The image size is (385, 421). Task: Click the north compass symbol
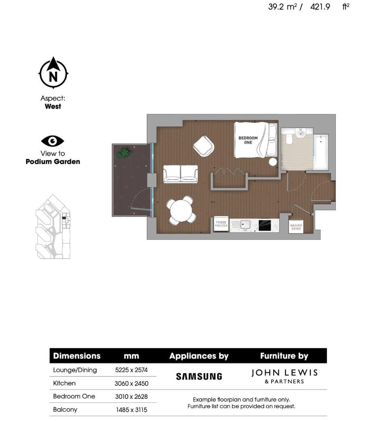pos(53,73)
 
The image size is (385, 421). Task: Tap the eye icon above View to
pos(53,141)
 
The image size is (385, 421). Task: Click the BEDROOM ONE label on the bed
pos(248,140)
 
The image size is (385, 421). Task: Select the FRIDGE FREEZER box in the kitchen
pos(221,225)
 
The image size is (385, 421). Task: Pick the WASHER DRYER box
pos(296,227)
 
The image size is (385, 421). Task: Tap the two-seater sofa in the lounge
pos(180,174)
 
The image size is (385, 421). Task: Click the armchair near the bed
pos(204,146)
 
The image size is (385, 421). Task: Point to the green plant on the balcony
pos(123,153)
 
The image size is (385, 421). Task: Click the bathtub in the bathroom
pos(321,152)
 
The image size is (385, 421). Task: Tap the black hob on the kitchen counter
pos(265,225)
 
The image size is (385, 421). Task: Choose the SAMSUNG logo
pos(199,377)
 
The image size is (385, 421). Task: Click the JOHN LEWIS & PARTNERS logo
pos(284,376)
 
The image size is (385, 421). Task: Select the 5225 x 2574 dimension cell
pos(132,370)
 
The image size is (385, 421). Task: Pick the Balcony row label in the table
pos(65,409)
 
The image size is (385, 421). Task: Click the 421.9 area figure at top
pos(320,7)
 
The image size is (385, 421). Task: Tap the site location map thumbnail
pos(53,227)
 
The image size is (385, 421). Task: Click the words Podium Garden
pos(53,162)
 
